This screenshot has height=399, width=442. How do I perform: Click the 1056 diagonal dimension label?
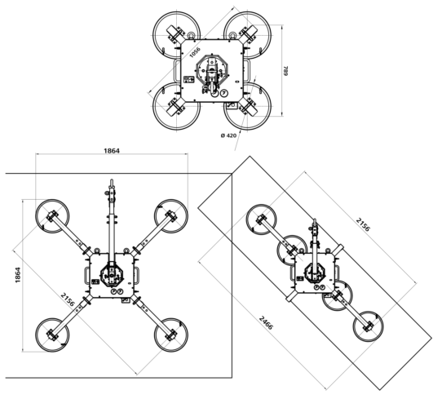(x=195, y=52)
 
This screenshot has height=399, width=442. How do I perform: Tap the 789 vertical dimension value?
(x=286, y=71)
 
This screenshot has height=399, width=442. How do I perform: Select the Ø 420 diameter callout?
(x=228, y=135)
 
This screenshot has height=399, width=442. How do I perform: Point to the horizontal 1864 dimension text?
(x=112, y=151)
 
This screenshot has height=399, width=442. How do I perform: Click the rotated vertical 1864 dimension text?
(x=17, y=275)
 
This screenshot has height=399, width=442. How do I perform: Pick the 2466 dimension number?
(x=266, y=322)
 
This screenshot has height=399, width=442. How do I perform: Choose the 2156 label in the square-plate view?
(x=68, y=299)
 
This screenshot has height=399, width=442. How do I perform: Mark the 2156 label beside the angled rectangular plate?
(x=363, y=224)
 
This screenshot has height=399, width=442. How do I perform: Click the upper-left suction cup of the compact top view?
(x=177, y=35)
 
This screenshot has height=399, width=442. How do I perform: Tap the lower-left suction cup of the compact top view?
(x=177, y=106)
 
